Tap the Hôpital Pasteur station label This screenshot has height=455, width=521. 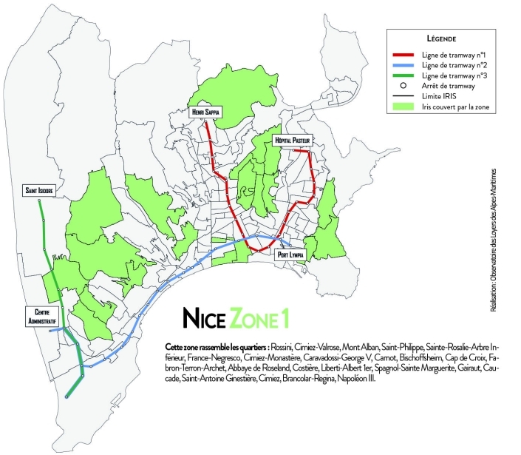[x=293, y=139]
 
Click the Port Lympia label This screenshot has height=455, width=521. [x=291, y=255]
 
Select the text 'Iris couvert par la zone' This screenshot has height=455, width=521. [x=452, y=109]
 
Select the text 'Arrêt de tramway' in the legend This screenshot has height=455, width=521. [x=444, y=87]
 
